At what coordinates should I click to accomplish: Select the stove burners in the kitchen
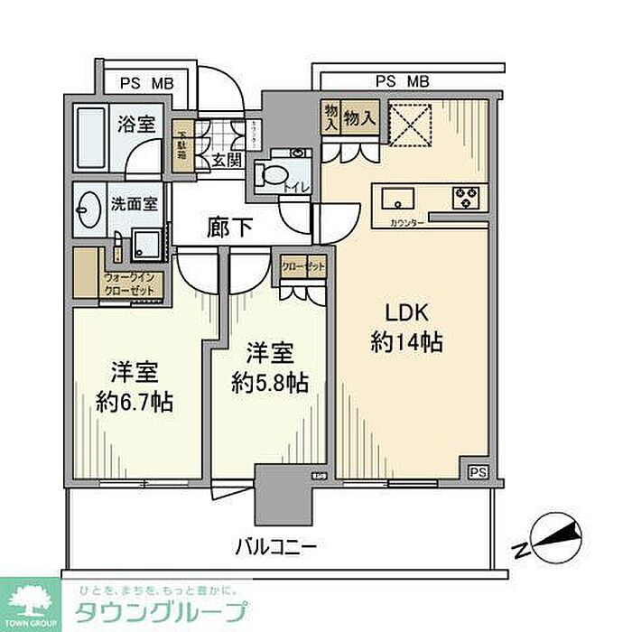coord(466,196)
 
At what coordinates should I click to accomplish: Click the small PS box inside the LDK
coord(476,471)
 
